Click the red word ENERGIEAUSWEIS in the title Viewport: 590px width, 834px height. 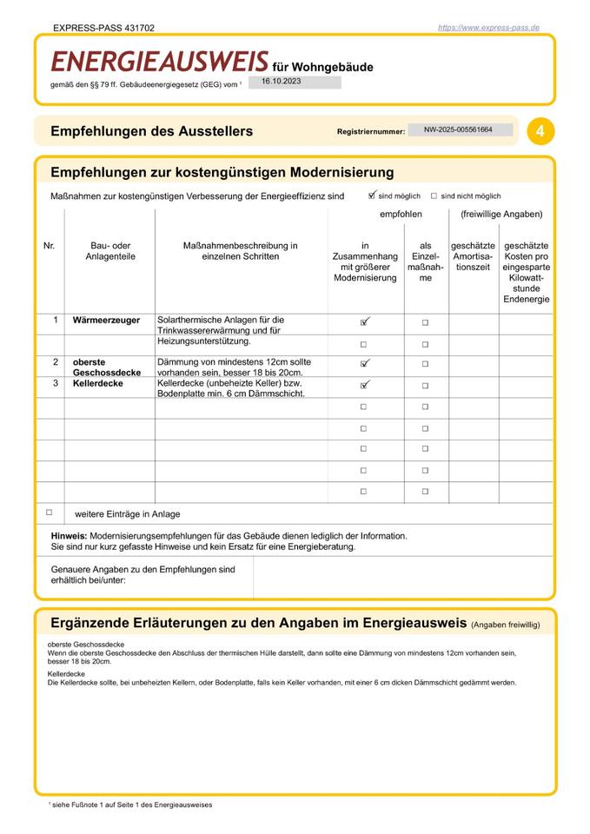(x=159, y=62)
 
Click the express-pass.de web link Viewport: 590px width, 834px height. (x=488, y=28)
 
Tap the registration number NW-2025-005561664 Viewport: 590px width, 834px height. (x=458, y=129)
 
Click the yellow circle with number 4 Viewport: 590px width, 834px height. (x=540, y=131)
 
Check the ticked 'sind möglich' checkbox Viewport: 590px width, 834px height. (x=372, y=195)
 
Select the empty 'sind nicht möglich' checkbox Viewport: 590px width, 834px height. (x=434, y=196)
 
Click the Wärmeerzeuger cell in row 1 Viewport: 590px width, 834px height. (x=106, y=321)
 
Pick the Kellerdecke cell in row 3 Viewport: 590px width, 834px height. (x=97, y=383)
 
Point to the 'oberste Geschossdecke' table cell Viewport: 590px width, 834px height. (x=107, y=367)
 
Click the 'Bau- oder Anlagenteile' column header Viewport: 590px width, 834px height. (x=110, y=251)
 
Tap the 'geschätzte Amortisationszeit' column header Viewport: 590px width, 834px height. (x=473, y=256)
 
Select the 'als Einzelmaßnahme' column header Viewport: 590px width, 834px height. (x=425, y=262)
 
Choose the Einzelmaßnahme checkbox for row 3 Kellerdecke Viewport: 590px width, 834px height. (x=425, y=385)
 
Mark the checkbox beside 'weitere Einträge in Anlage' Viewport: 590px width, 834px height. (x=50, y=513)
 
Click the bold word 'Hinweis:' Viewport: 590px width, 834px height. (x=69, y=536)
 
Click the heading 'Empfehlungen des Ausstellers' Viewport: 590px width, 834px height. (x=152, y=131)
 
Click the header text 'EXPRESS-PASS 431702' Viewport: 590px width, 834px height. (x=103, y=28)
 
